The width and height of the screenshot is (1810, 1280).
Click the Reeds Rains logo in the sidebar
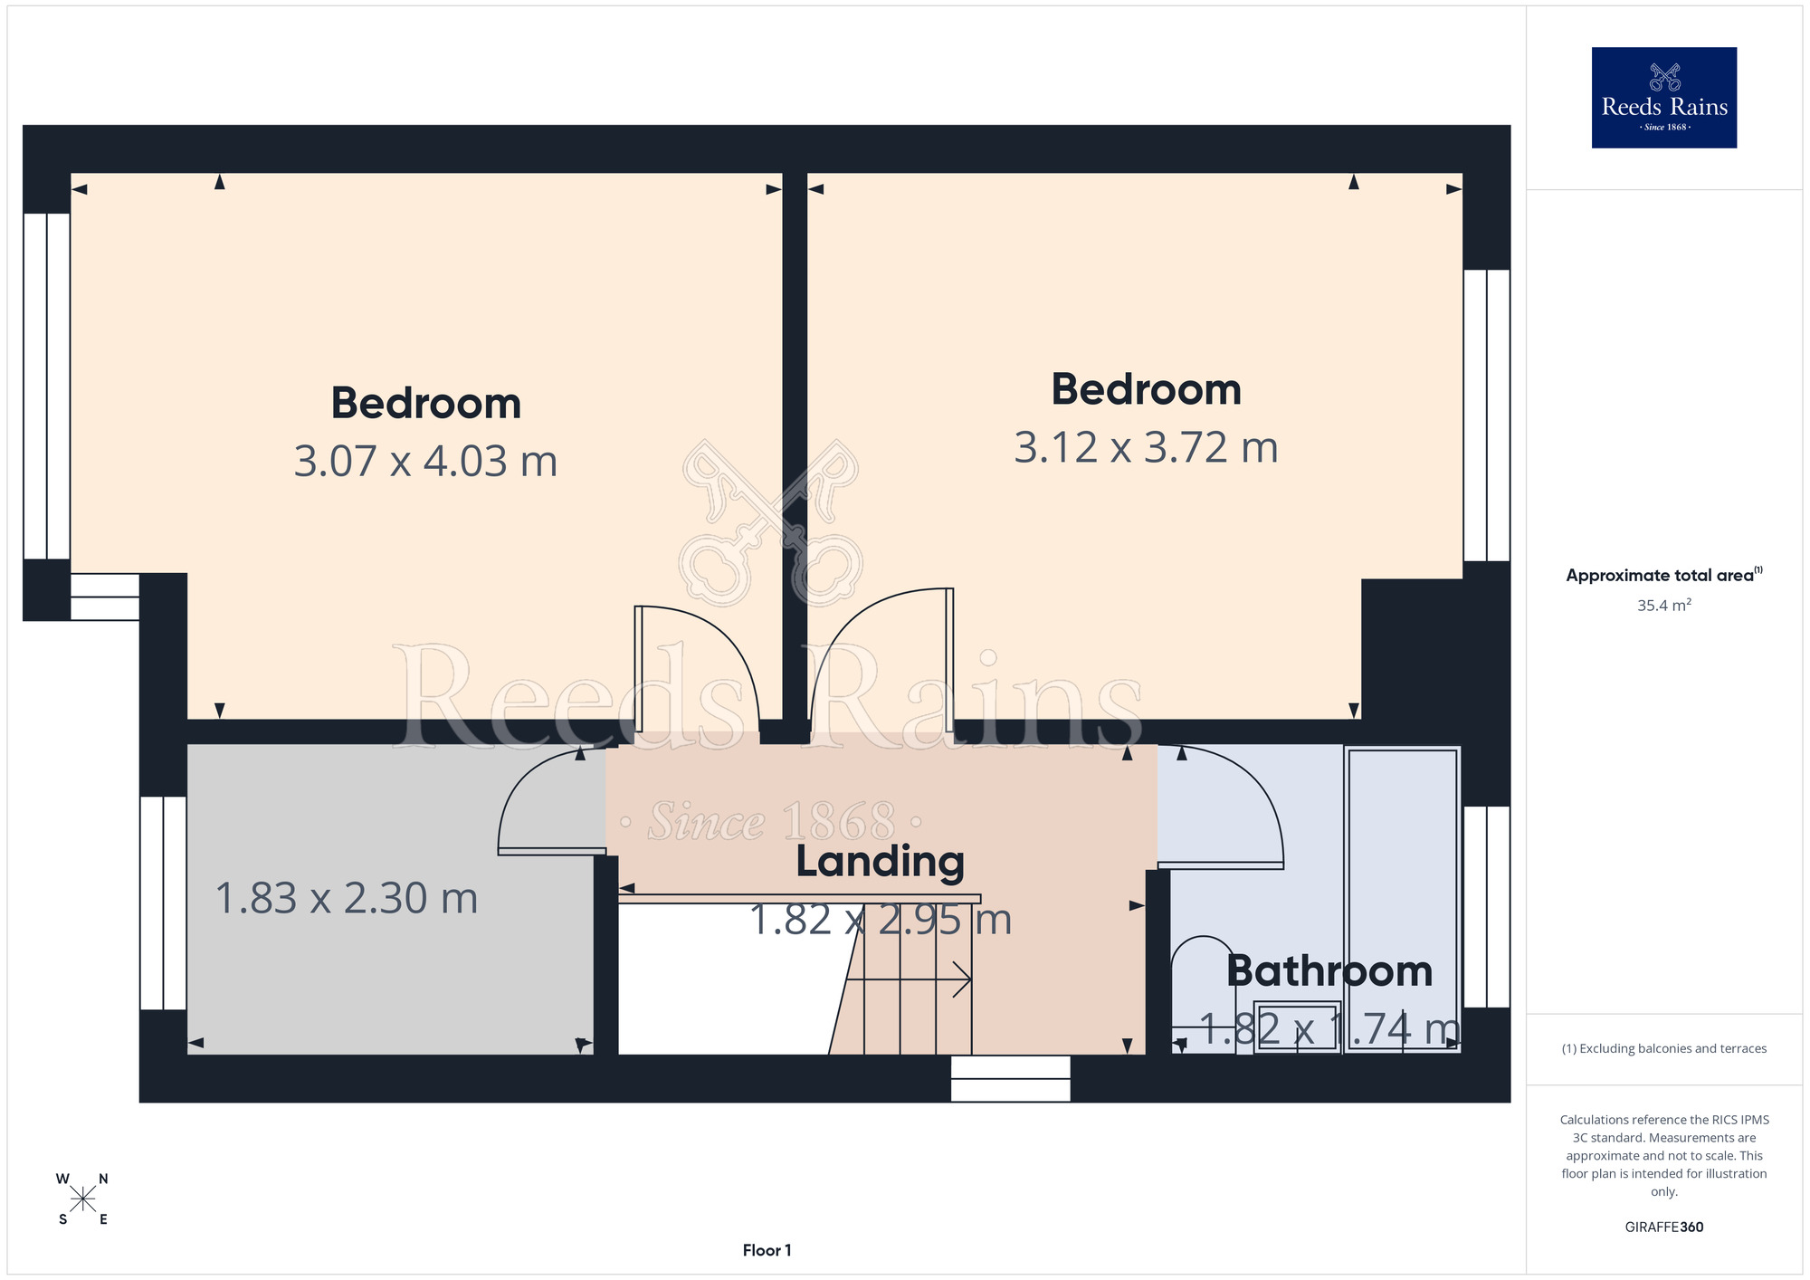point(1663,98)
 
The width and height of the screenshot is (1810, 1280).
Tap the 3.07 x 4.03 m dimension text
point(425,462)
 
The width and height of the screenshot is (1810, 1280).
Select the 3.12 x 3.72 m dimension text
point(1146,448)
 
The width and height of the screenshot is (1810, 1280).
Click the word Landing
point(880,862)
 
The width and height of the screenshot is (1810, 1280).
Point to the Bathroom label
point(1329,971)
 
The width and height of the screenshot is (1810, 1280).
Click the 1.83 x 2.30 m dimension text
point(347,899)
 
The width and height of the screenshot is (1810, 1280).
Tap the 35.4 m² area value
point(1663,606)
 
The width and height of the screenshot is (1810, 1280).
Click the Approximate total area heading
point(1663,576)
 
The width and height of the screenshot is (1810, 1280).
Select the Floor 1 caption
point(767,1250)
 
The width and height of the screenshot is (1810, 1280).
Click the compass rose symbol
point(82,1199)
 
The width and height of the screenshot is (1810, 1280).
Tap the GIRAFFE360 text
point(1663,1227)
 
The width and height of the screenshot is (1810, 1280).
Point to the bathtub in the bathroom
point(1402,899)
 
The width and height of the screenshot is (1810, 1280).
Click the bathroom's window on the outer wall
point(1486,907)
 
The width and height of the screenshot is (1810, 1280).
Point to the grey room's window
point(163,903)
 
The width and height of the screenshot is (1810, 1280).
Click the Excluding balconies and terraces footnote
point(1663,1048)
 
